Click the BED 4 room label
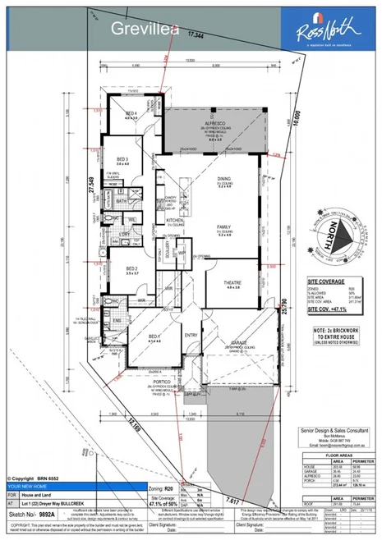pyautogui.click(x=131, y=114)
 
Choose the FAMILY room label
pyautogui.click(x=223, y=226)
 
